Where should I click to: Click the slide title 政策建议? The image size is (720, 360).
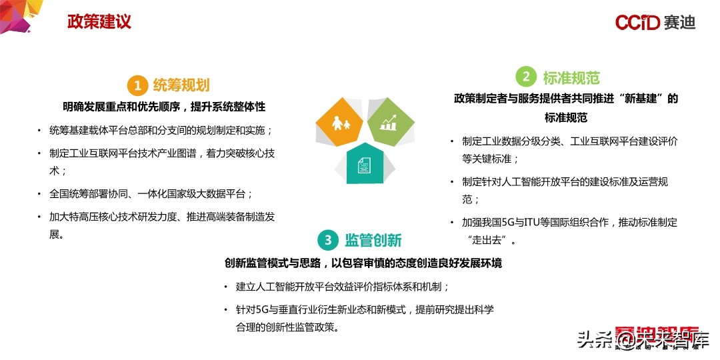[x=99, y=21]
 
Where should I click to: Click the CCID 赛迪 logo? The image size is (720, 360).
[x=655, y=22]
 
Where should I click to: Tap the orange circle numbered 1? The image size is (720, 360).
[x=137, y=85]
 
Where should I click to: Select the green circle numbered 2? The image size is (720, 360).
[x=526, y=77]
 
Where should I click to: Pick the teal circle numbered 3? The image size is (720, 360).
[x=327, y=239]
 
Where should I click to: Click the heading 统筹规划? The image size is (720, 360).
[x=181, y=85]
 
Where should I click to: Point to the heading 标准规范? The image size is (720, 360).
[x=571, y=77]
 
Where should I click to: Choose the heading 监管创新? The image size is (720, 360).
[x=373, y=240]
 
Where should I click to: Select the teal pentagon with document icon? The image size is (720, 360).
[x=364, y=163]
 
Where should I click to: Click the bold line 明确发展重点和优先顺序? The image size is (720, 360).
[x=164, y=107]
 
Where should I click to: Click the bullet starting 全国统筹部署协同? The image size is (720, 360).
[x=151, y=194]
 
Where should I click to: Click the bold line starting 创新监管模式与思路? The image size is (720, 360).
[x=363, y=263]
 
